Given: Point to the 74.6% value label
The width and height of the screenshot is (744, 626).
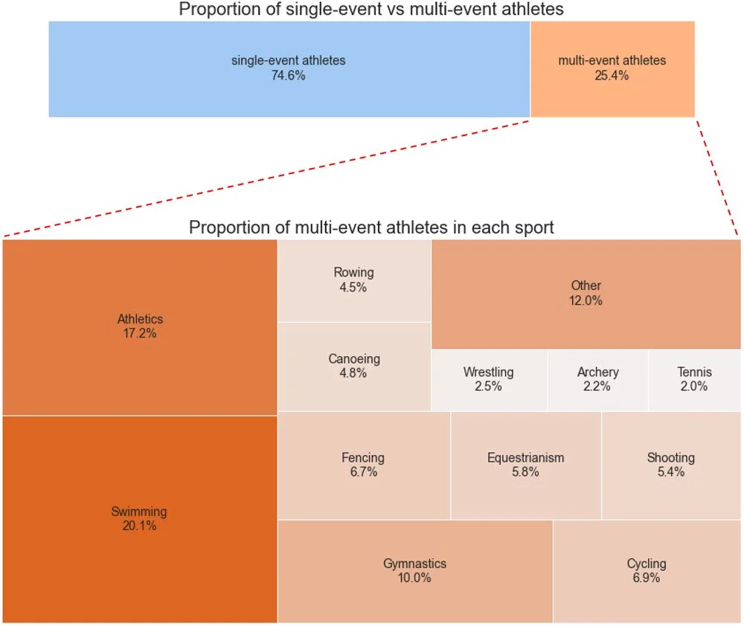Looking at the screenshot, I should tap(289, 75).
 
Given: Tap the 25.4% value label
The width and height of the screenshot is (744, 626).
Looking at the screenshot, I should tap(612, 75).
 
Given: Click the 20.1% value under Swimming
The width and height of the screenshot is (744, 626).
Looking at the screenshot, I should tap(139, 526).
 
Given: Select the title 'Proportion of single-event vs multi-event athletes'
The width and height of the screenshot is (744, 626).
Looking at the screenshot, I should tap(371, 10).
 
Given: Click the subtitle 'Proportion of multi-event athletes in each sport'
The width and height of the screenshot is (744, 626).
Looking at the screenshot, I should tap(371, 228).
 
